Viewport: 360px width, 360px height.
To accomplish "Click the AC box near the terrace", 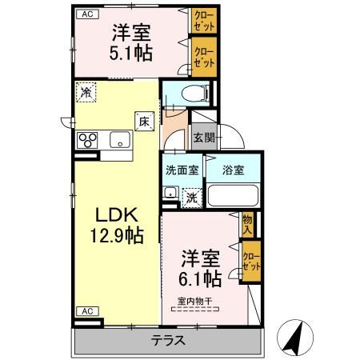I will [86, 310].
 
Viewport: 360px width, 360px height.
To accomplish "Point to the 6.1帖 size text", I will [200, 278].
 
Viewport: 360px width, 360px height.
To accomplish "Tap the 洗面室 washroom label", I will [182, 170].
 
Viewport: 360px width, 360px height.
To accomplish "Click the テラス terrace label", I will [168, 340].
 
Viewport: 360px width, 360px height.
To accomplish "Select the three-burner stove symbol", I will [86, 141].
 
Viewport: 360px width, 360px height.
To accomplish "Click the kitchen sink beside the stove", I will [120, 141].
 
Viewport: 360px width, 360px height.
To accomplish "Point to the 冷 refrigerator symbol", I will [85, 93].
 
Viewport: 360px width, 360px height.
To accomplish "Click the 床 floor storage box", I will [144, 122].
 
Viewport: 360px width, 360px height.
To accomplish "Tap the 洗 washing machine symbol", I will [192, 196].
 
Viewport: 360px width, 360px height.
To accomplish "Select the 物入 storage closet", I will [247, 225].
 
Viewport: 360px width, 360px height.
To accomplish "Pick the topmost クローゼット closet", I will [201, 20].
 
